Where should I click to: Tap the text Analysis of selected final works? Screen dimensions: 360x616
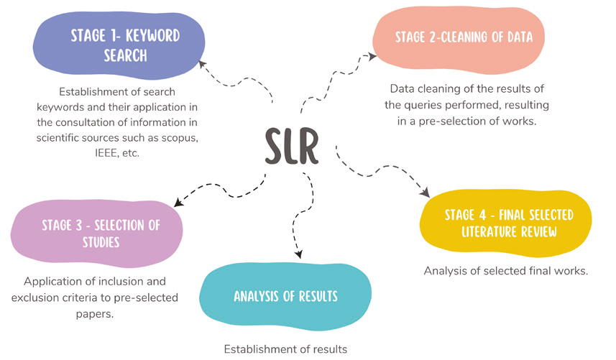pyautogui.click(x=506, y=271)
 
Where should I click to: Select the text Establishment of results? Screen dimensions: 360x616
pyautogui.click(x=285, y=349)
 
